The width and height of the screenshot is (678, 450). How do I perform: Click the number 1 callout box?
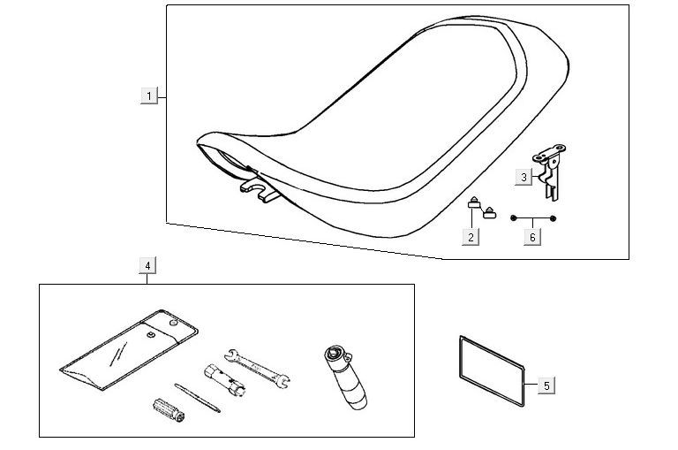tap(150, 95)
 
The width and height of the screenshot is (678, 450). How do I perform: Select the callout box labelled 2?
tap(472, 236)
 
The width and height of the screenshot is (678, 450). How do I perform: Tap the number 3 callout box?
tap(524, 177)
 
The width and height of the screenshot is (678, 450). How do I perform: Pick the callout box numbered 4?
tap(147, 265)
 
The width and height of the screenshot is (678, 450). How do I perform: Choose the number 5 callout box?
tap(546, 385)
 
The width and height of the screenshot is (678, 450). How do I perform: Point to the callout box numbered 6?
tap(532, 237)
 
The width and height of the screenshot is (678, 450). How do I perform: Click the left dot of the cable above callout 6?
tap(514, 217)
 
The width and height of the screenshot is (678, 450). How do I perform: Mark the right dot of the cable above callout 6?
tap(553, 217)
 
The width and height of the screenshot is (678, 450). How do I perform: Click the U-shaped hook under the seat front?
tap(258, 190)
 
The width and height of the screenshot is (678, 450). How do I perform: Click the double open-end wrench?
tap(258, 364)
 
